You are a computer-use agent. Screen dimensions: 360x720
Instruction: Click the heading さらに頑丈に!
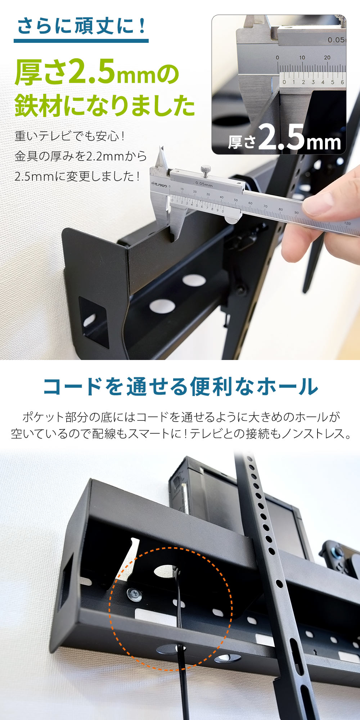pos(81,26)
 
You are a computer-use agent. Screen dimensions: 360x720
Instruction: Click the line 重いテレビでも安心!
pos(70,136)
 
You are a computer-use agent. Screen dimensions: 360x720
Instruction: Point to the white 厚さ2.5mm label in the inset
pos(284,138)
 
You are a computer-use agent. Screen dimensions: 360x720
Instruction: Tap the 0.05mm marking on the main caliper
pos(204,184)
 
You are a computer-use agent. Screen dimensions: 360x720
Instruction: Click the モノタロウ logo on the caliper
pos(159,184)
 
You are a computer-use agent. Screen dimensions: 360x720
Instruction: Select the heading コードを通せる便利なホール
pos(181,387)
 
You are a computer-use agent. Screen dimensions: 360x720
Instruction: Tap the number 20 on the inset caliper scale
pos(327,57)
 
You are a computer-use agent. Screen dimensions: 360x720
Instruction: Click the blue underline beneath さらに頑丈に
pos(81,41)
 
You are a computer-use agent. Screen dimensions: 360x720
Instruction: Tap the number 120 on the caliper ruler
pos(347,224)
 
